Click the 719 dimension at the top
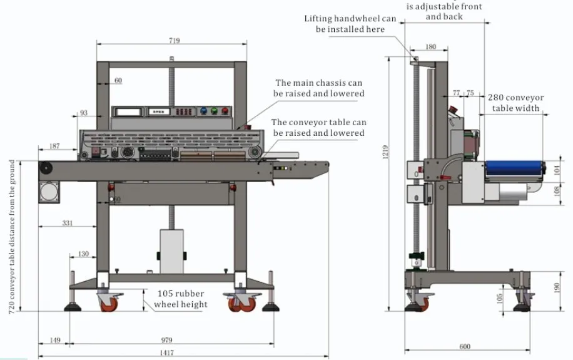point(174,41)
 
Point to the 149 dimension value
point(54,341)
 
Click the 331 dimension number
point(70,223)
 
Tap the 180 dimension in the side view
point(430,47)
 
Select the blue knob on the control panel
point(203,111)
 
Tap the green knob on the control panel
point(215,111)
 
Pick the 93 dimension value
point(84,113)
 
